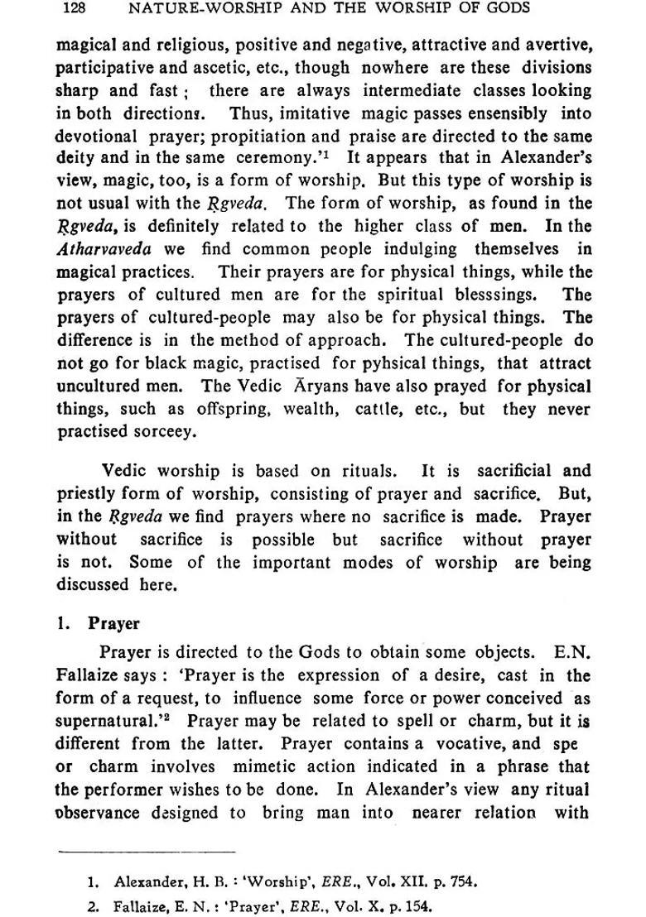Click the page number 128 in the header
pyautogui.click(x=75, y=9)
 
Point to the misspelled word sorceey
pyautogui.click(x=172, y=431)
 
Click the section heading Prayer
pyautogui.click(x=114, y=624)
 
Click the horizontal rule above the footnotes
pyautogui.click(x=147, y=850)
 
